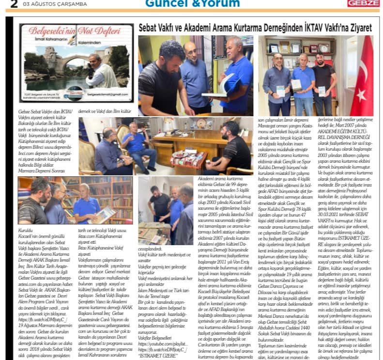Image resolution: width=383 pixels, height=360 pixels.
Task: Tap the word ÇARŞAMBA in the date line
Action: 71,4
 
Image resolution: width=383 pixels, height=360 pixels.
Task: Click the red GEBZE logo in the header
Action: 364,3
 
